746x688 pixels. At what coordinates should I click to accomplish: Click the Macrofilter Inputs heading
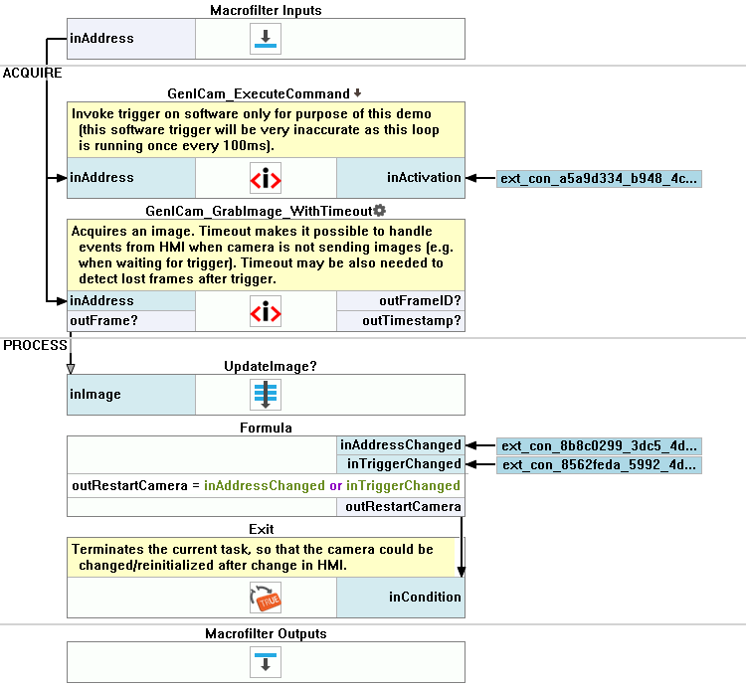click(x=266, y=10)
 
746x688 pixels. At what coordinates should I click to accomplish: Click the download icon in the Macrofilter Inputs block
click(x=266, y=39)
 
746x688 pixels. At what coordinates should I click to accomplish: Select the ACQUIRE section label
click(x=32, y=74)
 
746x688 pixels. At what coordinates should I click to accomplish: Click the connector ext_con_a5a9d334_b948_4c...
click(x=600, y=179)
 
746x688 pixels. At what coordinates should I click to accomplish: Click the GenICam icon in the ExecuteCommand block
click(x=266, y=179)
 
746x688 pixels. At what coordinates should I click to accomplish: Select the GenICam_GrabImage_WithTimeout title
click(x=259, y=211)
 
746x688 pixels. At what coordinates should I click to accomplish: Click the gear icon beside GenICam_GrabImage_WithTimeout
click(x=380, y=211)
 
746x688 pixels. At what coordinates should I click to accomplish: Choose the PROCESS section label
click(x=34, y=345)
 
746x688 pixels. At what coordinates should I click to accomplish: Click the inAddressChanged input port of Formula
click(x=401, y=445)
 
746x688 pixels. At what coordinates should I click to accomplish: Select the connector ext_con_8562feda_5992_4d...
click(x=600, y=464)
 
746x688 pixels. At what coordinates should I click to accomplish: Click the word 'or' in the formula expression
click(x=335, y=486)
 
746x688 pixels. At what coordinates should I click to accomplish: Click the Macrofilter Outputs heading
click(x=266, y=633)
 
